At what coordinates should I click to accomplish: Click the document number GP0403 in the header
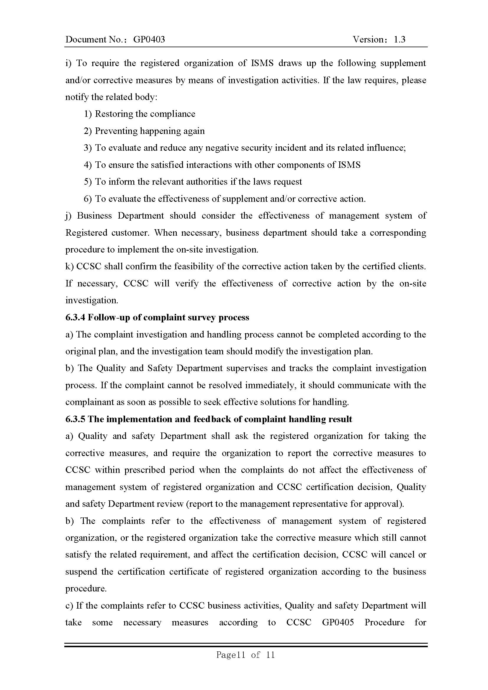149,39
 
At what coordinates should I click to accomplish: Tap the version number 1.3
399,39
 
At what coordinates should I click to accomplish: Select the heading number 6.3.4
75,318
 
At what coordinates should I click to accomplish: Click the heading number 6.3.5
75,419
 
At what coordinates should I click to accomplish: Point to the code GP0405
338,622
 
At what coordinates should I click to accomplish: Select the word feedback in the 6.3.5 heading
212,419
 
